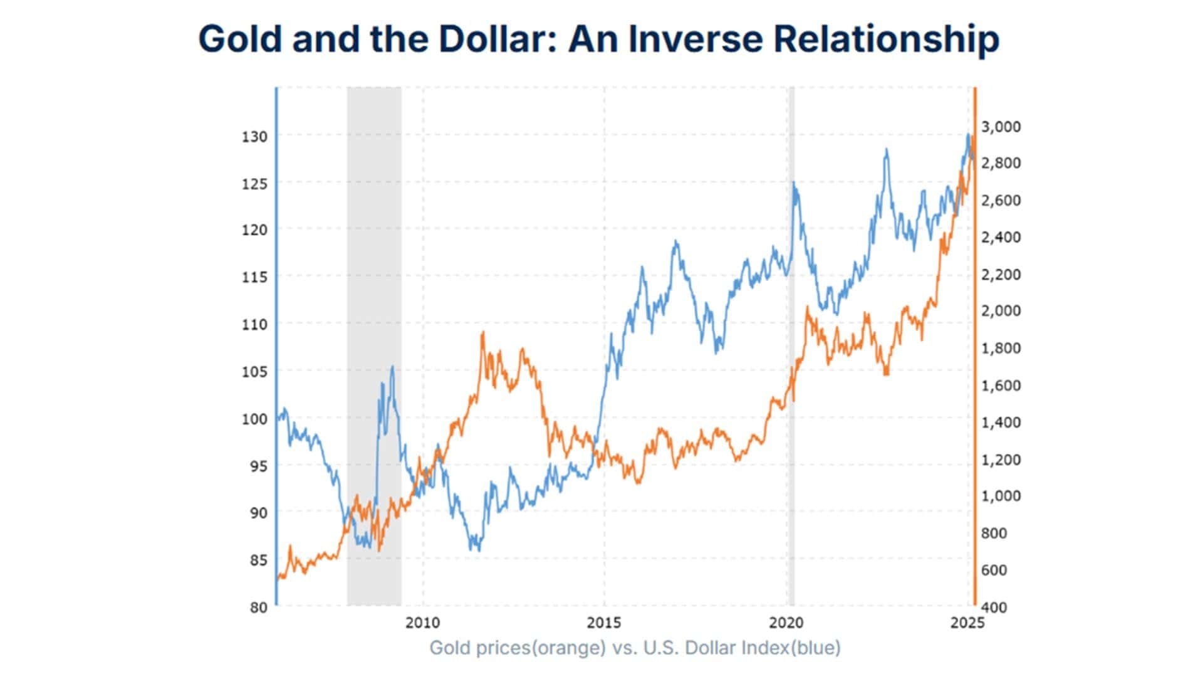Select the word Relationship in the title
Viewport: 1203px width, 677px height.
tap(886, 39)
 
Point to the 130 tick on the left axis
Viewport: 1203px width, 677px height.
tap(254, 136)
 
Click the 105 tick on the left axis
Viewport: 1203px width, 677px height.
tap(254, 371)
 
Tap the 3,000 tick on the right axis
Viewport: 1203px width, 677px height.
tap(1001, 127)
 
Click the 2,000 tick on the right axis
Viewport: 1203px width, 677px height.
tap(1001, 311)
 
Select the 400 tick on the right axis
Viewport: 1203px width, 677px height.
tap(994, 607)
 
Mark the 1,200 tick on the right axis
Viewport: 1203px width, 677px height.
tap(1001, 459)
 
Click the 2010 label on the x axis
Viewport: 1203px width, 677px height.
tap(422, 623)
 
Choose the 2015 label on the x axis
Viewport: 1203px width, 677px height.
tap(604, 623)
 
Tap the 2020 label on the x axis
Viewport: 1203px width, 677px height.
tap(786, 623)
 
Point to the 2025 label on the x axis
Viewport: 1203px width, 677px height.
tap(967, 623)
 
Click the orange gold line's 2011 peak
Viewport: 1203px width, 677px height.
tap(482, 333)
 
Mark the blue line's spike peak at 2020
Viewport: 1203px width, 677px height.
tap(793, 183)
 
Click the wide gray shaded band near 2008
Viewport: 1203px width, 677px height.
tap(374, 313)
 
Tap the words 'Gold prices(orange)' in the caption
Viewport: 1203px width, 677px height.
tap(517, 648)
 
